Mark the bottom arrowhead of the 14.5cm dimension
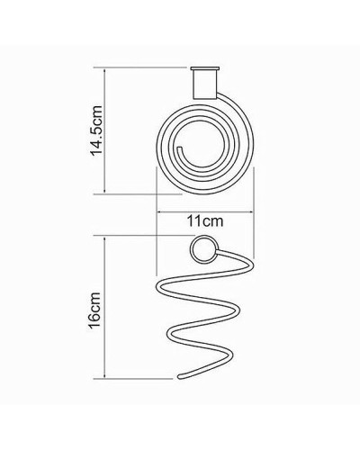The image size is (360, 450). pos(108,189)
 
